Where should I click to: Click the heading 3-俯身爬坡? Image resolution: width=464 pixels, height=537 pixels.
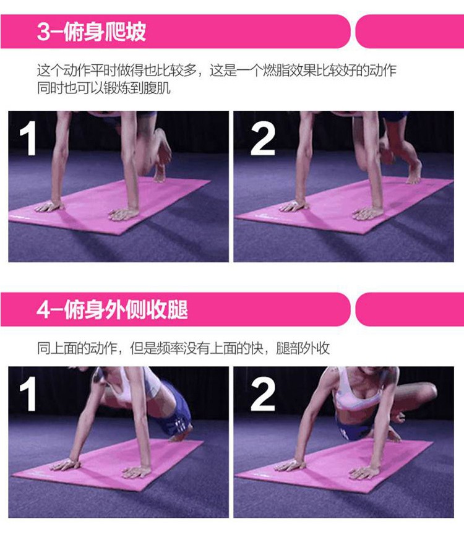(92, 32)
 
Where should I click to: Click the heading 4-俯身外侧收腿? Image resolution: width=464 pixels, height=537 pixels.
(113, 309)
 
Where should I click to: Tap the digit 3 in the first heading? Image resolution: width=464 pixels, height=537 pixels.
(43, 32)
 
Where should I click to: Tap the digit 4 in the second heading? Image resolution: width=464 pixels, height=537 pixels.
(44, 310)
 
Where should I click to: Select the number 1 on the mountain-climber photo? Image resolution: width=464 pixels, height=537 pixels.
(28, 139)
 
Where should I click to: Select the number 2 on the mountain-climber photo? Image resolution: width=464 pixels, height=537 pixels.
(263, 139)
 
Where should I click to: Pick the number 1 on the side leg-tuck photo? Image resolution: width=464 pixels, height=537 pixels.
(28, 393)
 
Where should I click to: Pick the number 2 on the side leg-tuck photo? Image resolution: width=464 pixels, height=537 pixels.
(263, 393)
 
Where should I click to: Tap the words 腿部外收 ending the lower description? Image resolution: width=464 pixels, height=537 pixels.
(303, 348)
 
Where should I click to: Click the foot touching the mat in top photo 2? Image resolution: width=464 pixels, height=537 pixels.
(414, 173)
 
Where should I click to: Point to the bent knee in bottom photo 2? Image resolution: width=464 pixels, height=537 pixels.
(430, 390)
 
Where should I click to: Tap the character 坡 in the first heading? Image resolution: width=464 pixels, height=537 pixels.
(135, 32)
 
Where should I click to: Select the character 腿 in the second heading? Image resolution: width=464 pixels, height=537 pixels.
(178, 309)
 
